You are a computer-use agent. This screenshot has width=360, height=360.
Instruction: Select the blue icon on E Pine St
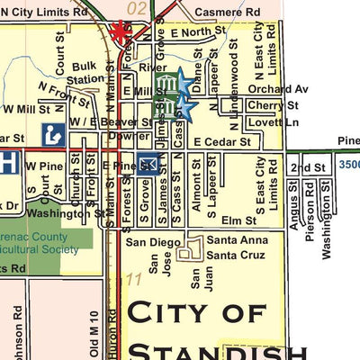(x=148, y=164)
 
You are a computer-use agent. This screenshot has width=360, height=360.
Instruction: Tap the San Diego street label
(x=147, y=242)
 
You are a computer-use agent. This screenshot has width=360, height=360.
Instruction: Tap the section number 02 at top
(x=137, y=8)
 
